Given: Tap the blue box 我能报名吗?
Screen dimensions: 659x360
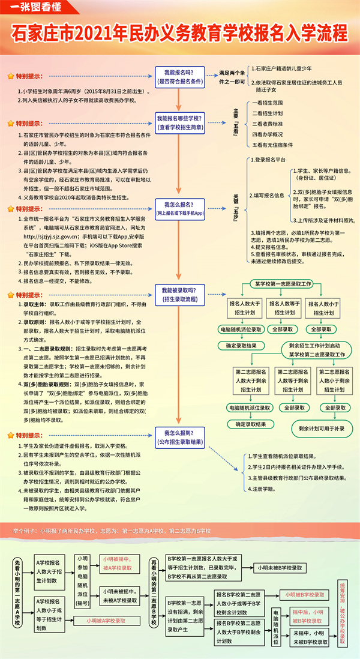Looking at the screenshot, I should click(x=179, y=75).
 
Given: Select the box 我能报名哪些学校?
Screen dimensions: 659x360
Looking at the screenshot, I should click(x=179, y=122).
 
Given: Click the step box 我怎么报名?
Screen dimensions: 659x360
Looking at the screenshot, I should click(x=179, y=208).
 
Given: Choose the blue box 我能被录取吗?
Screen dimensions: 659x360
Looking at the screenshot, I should click(x=179, y=293).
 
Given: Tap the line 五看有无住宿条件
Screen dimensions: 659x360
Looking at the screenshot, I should click(x=272, y=145).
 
